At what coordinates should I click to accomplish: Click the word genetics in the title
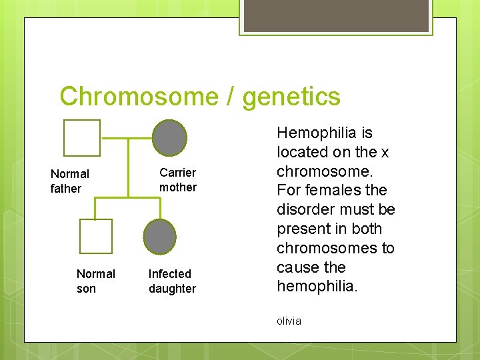pyautogui.click(x=291, y=97)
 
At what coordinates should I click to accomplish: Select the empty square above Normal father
pyautogui.click(x=82, y=137)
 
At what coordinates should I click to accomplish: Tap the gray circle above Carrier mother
pyautogui.click(x=169, y=137)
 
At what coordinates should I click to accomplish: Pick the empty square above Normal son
pyautogui.click(x=95, y=236)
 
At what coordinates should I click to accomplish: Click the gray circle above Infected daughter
pyautogui.click(x=160, y=236)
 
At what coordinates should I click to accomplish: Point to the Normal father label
pyautogui.click(x=69, y=181)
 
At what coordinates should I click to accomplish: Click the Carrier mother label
pyautogui.click(x=178, y=180)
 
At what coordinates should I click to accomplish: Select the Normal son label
pyautogui.click(x=95, y=281)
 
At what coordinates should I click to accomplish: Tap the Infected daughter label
pyautogui.click(x=172, y=281)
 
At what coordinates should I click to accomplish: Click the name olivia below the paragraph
pyautogui.click(x=289, y=321)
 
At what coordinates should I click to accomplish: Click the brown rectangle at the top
pyautogui.click(x=336, y=15)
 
